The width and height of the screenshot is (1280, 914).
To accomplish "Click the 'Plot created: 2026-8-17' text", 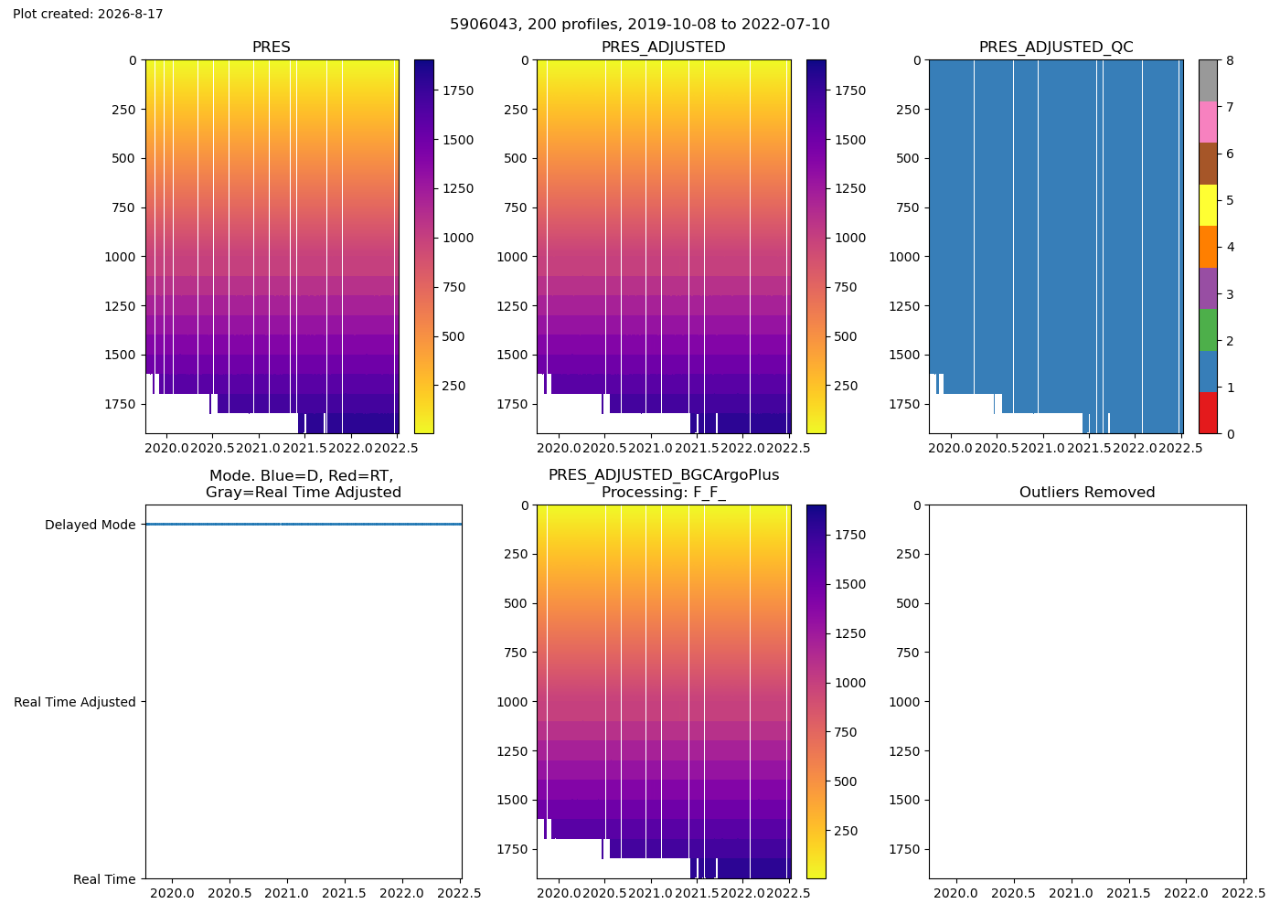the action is (x=88, y=14).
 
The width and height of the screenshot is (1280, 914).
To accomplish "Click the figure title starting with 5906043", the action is (x=639, y=24).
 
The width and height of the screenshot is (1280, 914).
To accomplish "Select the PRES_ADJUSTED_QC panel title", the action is (x=1055, y=48).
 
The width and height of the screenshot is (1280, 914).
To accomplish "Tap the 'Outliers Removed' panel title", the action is (x=1087, y=493).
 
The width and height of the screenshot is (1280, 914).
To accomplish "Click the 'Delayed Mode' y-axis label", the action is (x=91, y=525).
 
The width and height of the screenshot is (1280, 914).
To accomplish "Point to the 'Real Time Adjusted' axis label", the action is (x=75, y=702).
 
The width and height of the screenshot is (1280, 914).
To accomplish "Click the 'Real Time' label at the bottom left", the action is (x=104, y=879).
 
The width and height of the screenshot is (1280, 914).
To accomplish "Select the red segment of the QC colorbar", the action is (x=1208, y=413).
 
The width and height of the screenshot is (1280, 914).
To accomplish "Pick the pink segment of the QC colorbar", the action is (x=1208, y=122).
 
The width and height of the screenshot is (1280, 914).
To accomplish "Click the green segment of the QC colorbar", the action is (x=1208, y=330).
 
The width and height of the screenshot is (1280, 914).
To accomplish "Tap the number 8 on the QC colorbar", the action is (x=1231, y=60).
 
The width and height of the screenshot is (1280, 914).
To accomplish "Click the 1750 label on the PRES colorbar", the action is (x=458, y=90).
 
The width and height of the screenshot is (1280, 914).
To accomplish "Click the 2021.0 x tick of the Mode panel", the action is (x=287, y=893).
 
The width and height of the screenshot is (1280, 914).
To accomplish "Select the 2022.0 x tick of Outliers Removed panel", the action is (x=1186, y=893).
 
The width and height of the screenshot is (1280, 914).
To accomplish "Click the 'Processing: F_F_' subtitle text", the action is (x=664, y=493).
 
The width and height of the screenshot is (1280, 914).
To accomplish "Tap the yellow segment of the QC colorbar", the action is (x=1208, y=205).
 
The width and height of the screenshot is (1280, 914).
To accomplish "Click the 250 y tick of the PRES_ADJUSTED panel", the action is (x=516, y=110).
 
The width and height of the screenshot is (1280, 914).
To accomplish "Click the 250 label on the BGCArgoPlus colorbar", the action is (x=846, y=831).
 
